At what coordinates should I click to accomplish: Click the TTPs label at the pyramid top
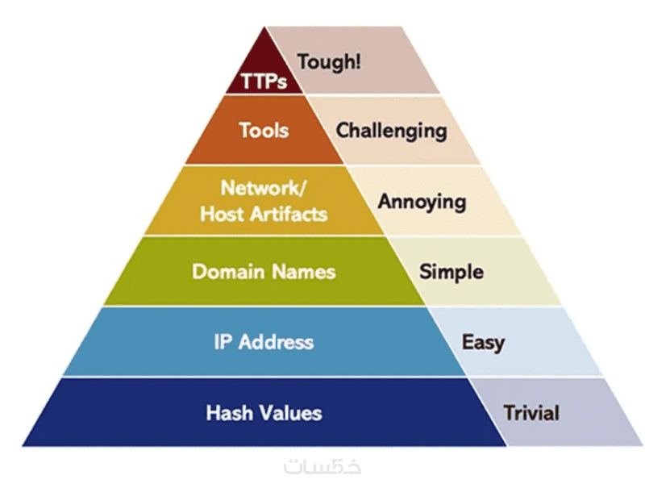tap(264, 81)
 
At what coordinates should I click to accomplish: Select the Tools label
tap(264, 129)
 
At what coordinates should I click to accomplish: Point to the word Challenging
tap(391, 130)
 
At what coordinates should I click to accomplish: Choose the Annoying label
tap(422, 201)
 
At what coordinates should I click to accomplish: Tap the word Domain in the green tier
tap(228, 271)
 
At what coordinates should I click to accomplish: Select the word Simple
tap(451, 271)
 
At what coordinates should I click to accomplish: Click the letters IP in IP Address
tap(223, 341)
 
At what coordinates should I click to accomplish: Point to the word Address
tap(275, 341)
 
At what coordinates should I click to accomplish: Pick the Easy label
tap(483, 342)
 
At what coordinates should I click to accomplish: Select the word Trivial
tap(531, 413)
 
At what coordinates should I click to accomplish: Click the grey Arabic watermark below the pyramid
tap(322, 466)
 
